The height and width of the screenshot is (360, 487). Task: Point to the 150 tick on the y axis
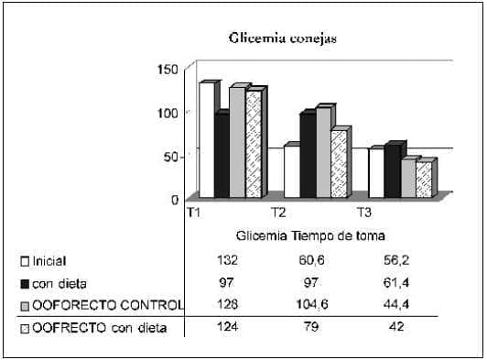coord(168,69)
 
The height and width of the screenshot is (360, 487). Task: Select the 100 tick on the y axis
coord(168,112)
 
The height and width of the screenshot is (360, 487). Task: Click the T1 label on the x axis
coord(194,213)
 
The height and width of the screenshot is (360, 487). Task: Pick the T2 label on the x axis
coord(278,213)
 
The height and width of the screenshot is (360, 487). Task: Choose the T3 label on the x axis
coord(363,213)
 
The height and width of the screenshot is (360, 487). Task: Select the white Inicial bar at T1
coord(206,141)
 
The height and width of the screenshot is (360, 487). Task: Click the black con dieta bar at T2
coord(307,156)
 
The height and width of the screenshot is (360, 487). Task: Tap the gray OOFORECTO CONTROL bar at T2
coord(323,153)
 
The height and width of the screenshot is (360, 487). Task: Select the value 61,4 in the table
coord(395,283)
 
